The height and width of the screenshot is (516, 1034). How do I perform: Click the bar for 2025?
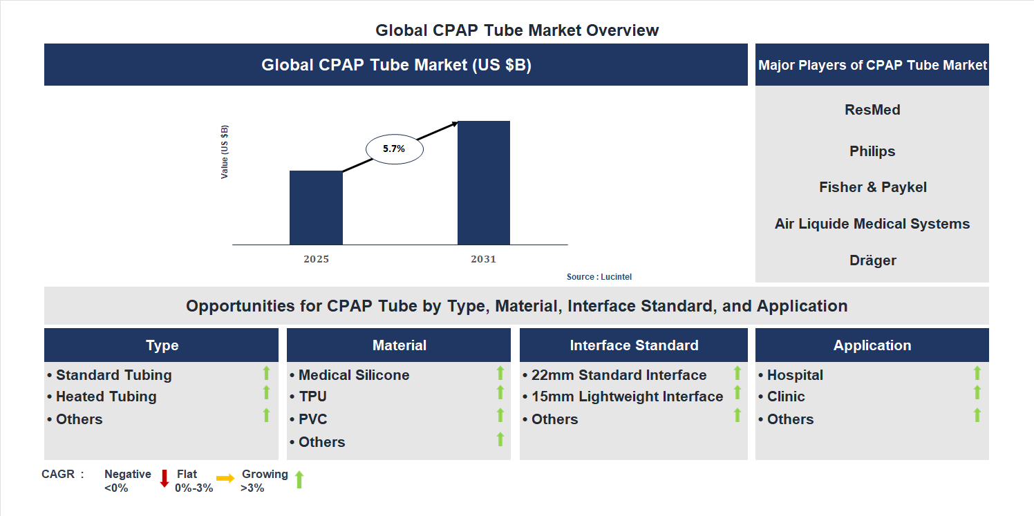pos(316,207)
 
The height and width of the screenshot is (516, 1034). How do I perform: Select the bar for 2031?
pos(484,183)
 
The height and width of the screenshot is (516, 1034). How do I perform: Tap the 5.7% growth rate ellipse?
pos(394,149)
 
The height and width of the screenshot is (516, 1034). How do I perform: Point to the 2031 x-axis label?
pos(484,260)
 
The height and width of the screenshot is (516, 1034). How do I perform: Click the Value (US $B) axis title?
pos(225,152)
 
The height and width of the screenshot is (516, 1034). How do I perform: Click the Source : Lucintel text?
pos(599,277)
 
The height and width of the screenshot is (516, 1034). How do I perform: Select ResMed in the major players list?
pos(872,110)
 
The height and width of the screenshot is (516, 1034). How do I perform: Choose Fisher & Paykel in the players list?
pos(872,187)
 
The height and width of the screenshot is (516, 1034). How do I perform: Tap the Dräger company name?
pos(872,260)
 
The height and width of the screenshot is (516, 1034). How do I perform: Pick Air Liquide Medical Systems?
pos(872,224)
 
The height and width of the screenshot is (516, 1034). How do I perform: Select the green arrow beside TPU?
pos(500,393)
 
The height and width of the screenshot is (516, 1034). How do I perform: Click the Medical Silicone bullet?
pos(353,375)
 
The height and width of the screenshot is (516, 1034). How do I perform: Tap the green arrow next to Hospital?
pos(977,373)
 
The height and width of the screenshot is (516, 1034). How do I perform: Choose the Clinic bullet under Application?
pos(785,396)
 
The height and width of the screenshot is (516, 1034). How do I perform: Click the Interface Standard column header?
pos(634,345)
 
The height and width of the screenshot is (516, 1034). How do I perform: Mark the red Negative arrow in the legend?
pos(164,479)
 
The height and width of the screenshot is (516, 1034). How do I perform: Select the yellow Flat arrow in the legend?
pos(225,478)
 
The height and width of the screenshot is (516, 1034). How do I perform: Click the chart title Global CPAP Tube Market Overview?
pos(517,30)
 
